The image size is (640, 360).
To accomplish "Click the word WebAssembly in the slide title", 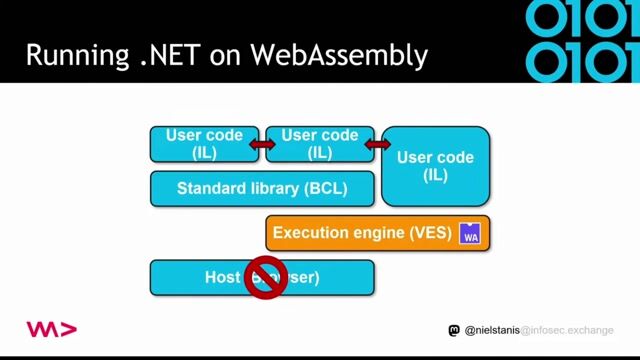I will [339, 55].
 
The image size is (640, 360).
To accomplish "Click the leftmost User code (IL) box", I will [204, 144].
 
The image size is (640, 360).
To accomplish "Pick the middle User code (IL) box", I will [320, 144].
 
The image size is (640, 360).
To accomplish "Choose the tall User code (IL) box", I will [435, 166].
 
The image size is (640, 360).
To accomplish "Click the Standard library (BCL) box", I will [262, 188].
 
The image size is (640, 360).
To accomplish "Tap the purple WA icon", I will [471, 234].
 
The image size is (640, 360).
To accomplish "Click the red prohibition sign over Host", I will [266, 277].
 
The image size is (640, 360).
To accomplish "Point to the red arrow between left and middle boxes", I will [262, 145].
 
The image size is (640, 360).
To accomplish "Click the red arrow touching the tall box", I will [378, 145].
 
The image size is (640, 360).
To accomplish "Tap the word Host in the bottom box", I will [223, 277].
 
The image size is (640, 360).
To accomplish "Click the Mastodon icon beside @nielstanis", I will [455, 330].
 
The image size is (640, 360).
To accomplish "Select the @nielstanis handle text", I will [492, 330].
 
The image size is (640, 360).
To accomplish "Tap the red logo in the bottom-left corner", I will [51, 329].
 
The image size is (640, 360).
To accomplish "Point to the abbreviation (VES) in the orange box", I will [431, 233].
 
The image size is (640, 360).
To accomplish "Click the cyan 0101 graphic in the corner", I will [581, 40].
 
